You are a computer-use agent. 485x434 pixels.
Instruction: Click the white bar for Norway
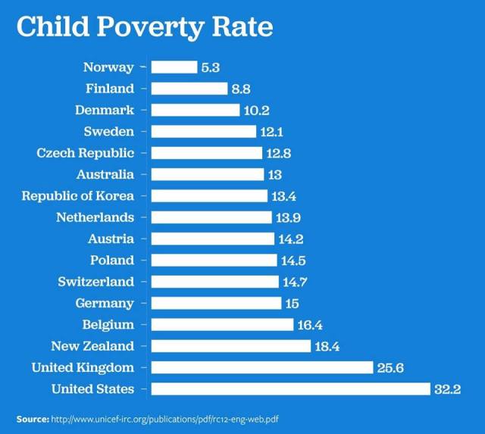(x=174, y=67)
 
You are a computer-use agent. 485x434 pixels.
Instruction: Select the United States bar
(x=290, y=389)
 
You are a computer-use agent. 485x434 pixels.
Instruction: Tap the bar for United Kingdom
(x=262, y=367)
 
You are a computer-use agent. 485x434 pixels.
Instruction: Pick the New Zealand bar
(x=230, y=346)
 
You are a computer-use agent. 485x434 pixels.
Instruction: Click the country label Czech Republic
(x=86, y=153)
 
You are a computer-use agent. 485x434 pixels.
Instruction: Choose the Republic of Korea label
(x=77, y=196)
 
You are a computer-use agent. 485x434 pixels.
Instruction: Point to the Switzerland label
(x=95, y=282)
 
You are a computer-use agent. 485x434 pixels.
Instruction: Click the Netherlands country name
(x=95, y=217)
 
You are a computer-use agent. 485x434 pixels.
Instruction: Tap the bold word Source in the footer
(x=33, y=418)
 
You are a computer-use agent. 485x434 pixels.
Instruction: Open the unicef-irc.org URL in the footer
(x=171, y=418)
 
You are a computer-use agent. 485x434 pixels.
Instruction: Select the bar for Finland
(x=189, y=89)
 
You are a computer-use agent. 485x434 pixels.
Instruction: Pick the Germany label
(x=105, y=303)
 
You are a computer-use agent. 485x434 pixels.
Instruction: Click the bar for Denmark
(x=196, y=110)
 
